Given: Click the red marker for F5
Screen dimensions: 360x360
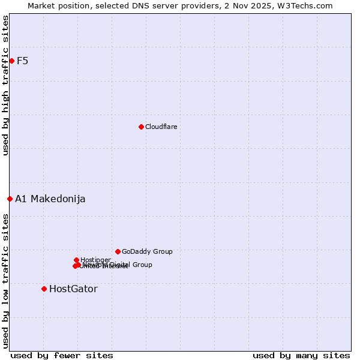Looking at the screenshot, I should [11, 61].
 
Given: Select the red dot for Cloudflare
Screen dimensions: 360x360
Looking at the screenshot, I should [141, 127].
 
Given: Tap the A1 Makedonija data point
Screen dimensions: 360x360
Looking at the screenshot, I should [10, 199].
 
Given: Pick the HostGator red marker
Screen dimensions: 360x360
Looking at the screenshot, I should [44, 289].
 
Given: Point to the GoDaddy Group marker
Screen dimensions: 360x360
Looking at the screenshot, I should [118, 251].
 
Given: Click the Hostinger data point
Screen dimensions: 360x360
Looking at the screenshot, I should [76, 260].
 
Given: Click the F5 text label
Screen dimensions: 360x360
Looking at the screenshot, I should [23, 61].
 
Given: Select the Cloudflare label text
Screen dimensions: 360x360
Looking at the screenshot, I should [161, 127].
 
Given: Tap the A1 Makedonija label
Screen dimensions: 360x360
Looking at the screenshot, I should [50, 199].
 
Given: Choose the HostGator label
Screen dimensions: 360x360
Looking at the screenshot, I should [73, 289].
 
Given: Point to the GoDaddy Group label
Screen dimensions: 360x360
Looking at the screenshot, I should [147, 251].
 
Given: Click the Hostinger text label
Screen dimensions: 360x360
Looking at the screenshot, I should [95, 260].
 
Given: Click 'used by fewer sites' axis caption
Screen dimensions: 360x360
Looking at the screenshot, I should [62, 355].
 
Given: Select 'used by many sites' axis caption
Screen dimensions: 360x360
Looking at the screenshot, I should [301, 355].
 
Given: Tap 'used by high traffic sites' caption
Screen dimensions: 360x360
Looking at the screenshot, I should [5, 85].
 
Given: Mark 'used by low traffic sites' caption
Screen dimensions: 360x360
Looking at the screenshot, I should [5, 280].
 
